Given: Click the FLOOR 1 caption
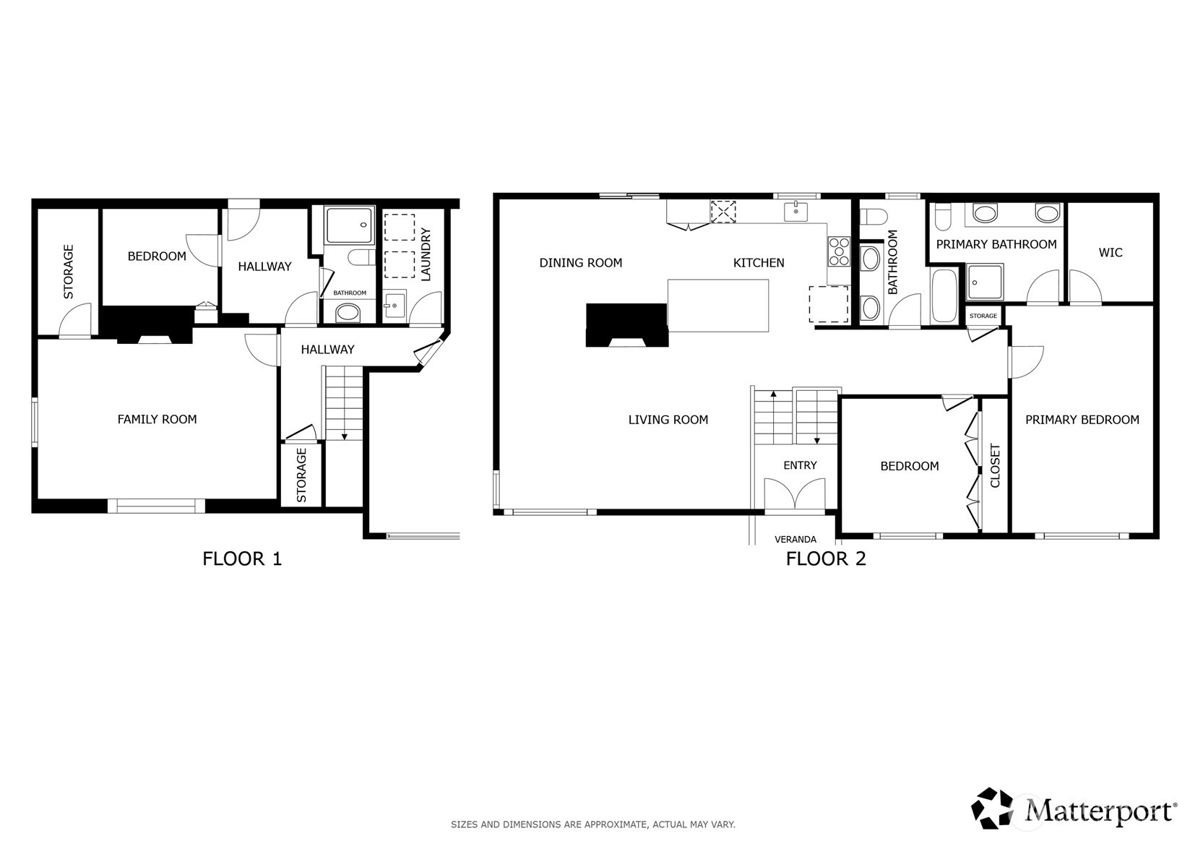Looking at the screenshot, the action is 242,559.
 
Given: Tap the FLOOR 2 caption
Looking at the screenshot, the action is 826,559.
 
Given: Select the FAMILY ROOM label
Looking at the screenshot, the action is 158,419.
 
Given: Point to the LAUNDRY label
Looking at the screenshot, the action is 426,254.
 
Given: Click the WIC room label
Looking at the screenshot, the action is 1111,252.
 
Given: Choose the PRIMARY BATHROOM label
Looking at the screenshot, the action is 996,244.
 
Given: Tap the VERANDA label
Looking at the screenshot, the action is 796,539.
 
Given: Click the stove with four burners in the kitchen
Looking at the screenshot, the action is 839,251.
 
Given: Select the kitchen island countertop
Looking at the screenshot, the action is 718,306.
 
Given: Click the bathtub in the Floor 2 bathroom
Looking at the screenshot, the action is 944,296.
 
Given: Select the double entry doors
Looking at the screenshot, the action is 795,493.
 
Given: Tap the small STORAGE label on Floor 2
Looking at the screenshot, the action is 983,316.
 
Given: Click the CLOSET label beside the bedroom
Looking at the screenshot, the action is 995,465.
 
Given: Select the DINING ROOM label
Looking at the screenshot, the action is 581,262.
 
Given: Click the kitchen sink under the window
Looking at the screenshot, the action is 796,212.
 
